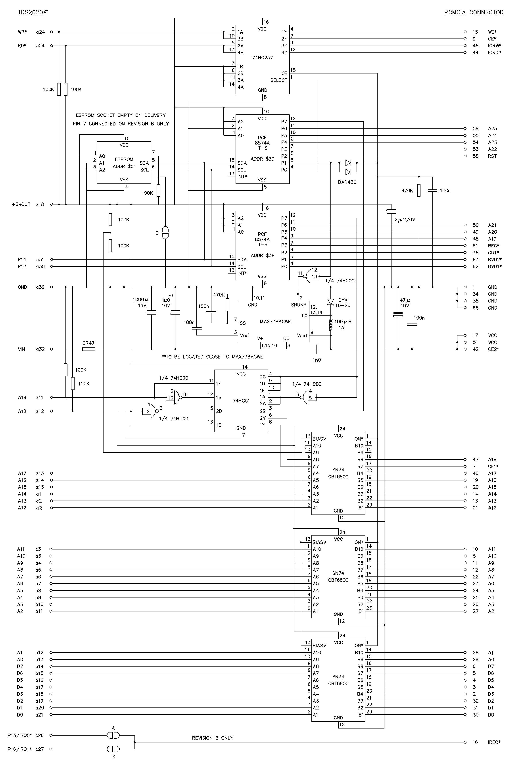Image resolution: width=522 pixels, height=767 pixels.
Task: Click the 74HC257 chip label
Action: pos(262,58)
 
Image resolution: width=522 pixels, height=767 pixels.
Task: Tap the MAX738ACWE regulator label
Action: pos(275,322)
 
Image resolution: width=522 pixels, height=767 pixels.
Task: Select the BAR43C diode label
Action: pos(347,182)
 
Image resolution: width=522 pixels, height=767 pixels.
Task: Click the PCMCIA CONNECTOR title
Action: pos(474,13)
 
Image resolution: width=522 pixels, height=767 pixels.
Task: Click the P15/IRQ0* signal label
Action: pos(20,735)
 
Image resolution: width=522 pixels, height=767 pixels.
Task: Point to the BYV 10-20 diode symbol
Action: pos(331,302)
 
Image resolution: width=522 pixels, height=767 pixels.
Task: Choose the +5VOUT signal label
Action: pos(21,204)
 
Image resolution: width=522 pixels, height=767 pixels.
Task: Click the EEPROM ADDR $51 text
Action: pos(124,163)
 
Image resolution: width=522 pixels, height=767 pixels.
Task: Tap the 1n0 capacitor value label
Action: pos(317,360)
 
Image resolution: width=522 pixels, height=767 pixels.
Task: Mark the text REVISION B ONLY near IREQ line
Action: pos(213,738)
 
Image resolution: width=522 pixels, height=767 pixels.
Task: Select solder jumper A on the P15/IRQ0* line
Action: pos(113,735)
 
